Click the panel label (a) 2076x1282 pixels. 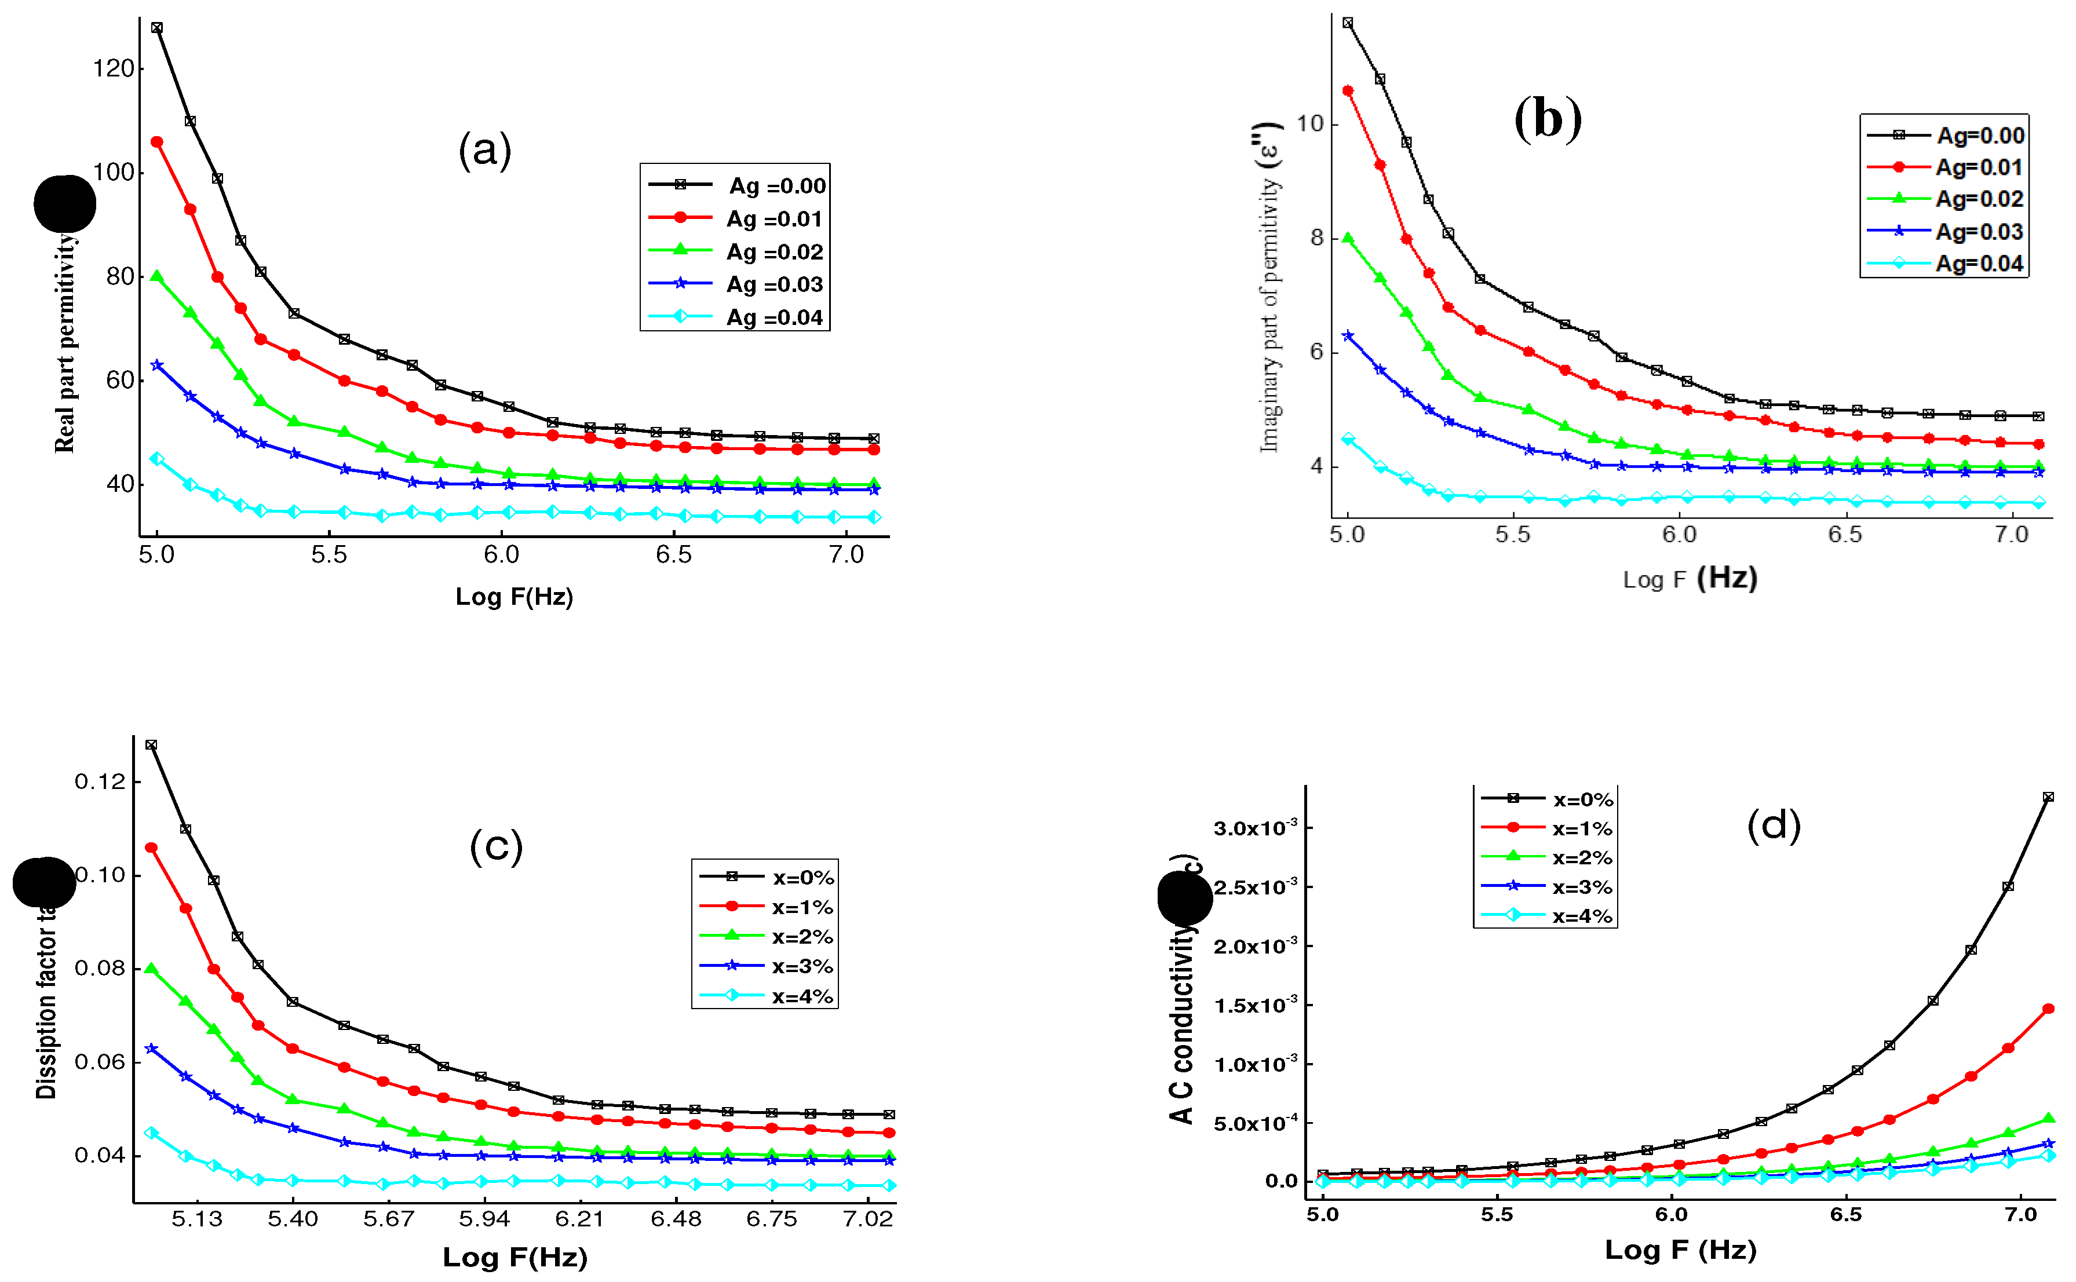(484, 150)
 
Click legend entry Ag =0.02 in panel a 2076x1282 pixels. (774, 252)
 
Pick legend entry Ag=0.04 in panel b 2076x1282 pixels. (1979, 264)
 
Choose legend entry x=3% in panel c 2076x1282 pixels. (801, 967)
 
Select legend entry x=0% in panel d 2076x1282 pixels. (1582, 799)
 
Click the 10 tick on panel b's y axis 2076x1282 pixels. (1310, 124)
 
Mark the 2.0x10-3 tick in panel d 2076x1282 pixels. (1255, 946)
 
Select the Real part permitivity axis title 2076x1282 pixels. (65, 344)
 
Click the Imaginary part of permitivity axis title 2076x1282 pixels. (1269, 288)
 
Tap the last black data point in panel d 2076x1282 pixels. (2048, 797)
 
